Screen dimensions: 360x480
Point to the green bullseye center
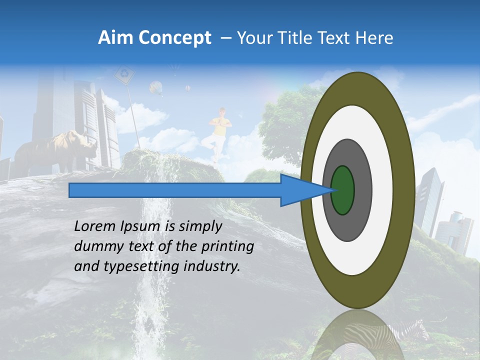343,190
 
